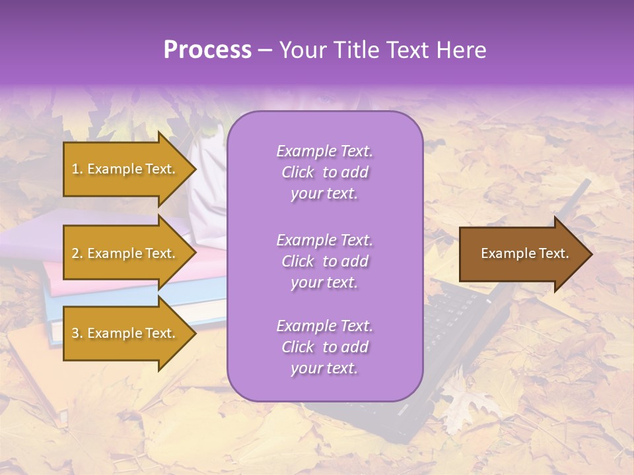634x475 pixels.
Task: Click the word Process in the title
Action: pyautogui.click(x=207, y=50)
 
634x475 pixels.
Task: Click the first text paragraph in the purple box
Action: pyautogui.click(x=324, y=172)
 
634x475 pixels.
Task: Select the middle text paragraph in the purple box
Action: pyautogui.click(x=324, y=261)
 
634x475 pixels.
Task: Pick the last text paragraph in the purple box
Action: pyautogui.click(x=324, y=347)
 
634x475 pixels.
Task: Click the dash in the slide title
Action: pyautogui.click(x=265, y=51)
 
